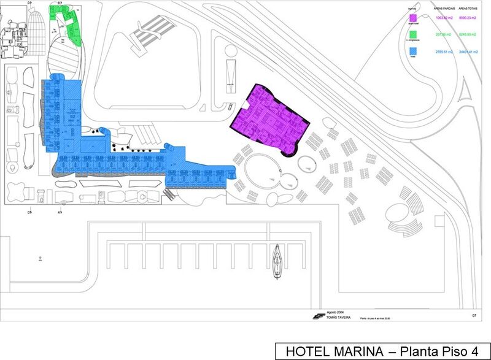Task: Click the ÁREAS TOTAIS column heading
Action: click(468, 9)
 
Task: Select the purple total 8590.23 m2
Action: click(468, 18)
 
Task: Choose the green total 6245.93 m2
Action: click(468, 35)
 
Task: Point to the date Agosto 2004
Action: click(336, 312)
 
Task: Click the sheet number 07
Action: click(474, 315)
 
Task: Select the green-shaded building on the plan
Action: click(69, 25)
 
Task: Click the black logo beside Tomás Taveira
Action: click(318, 316)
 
